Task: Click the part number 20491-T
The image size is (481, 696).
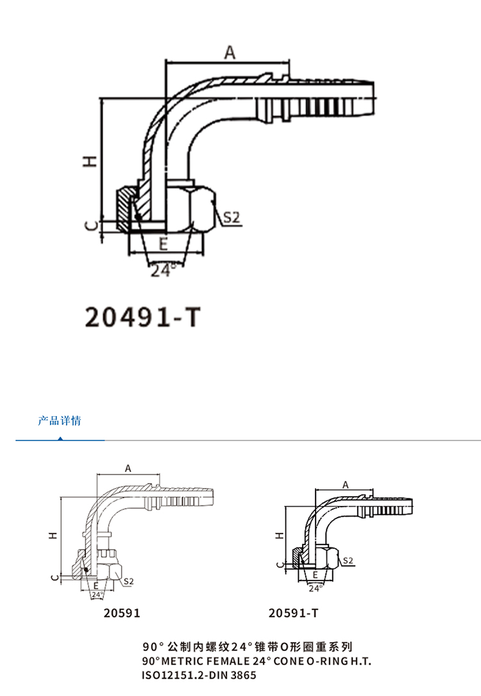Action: pos(143,317)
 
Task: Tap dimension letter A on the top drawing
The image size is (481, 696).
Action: pos(230,52)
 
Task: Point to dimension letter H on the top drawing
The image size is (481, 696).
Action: pos(90,161)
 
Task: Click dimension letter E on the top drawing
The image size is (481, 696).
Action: pos(164,244)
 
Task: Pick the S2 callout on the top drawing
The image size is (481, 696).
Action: pos(231,217)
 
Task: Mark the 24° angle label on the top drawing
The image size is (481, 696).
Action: pos(163,270)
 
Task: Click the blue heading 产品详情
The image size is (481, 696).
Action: pos(60,421)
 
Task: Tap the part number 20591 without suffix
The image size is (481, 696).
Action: pos(122,613)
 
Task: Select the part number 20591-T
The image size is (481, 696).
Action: pos(294,613)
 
